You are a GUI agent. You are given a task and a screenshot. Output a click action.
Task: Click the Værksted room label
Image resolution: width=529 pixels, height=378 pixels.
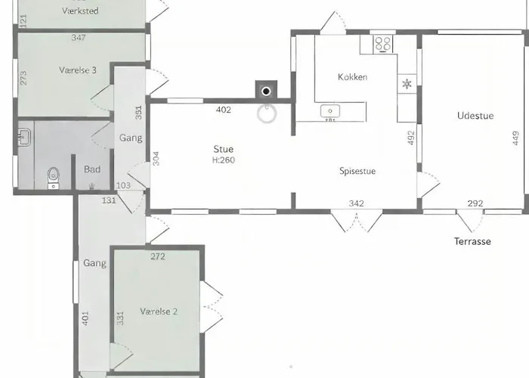(80, 11)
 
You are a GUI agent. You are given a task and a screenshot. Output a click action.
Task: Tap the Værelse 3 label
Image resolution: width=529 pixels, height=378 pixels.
(78, 70)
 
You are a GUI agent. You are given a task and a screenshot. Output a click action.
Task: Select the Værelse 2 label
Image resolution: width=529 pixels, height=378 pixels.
(159, 311)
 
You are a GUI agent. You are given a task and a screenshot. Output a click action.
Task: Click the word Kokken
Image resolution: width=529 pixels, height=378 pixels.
(353, 77)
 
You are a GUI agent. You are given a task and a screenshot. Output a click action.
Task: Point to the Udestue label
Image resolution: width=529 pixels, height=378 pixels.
(475, 116)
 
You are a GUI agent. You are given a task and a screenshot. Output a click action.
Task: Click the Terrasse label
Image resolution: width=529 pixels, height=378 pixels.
(472, 241)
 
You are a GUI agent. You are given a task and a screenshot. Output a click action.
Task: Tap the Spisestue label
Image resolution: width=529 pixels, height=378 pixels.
(357, 171)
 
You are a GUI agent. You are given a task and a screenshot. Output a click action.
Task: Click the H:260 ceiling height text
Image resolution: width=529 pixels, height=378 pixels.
(224, 160)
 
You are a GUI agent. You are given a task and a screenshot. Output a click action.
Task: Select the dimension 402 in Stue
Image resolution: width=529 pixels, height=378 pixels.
(224, 110)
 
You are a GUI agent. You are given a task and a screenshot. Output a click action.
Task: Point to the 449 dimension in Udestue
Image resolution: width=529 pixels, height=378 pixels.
(515, 138)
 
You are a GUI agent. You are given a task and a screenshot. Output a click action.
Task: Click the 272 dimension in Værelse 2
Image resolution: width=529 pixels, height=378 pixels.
(158, 256)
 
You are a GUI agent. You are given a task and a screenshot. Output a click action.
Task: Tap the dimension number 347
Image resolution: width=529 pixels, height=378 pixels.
(79, 38)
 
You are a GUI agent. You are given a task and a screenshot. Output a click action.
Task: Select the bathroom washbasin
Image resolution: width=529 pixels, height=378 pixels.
(24, 138)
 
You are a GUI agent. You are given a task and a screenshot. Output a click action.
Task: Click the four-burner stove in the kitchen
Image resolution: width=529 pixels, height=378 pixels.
(383, 44)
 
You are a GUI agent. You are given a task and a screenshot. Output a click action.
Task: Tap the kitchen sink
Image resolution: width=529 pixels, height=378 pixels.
(330, 111)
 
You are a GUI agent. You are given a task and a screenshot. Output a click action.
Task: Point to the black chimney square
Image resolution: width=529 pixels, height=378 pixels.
(266, 90)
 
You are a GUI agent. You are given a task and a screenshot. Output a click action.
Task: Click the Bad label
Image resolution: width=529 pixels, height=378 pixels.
(92, 169)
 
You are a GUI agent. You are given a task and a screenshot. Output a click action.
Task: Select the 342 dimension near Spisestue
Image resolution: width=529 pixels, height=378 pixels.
(356, 203)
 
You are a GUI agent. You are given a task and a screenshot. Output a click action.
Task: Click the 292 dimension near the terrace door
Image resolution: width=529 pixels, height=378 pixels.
(475, 203)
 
